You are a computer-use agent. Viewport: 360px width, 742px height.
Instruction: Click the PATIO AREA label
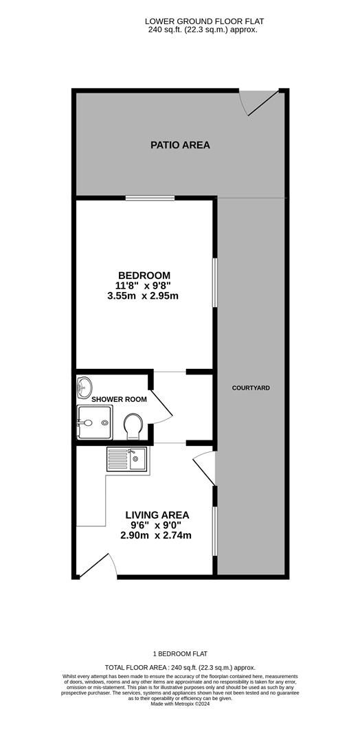click(180, 145)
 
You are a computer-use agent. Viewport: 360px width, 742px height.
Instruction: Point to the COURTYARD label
click(251, 388)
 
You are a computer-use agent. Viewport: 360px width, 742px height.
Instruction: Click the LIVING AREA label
click(157, 515)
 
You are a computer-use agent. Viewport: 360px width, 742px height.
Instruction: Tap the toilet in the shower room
click(133, 426)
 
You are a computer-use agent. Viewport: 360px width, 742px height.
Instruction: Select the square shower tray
click(94, 420)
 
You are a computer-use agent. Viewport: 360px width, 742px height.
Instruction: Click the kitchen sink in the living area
click(127, 458)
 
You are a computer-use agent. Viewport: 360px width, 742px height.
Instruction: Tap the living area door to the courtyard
click(205, 470)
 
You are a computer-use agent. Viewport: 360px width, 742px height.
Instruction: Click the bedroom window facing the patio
click(150, 199)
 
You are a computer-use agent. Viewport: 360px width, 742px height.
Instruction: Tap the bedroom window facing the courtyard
click(215, 282)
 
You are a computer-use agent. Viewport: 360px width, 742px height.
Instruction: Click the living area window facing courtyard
click(215, 530)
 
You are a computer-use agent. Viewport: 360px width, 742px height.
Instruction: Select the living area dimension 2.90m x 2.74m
click(157, 535)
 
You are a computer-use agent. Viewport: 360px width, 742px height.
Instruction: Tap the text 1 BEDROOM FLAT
click(180, 654)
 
